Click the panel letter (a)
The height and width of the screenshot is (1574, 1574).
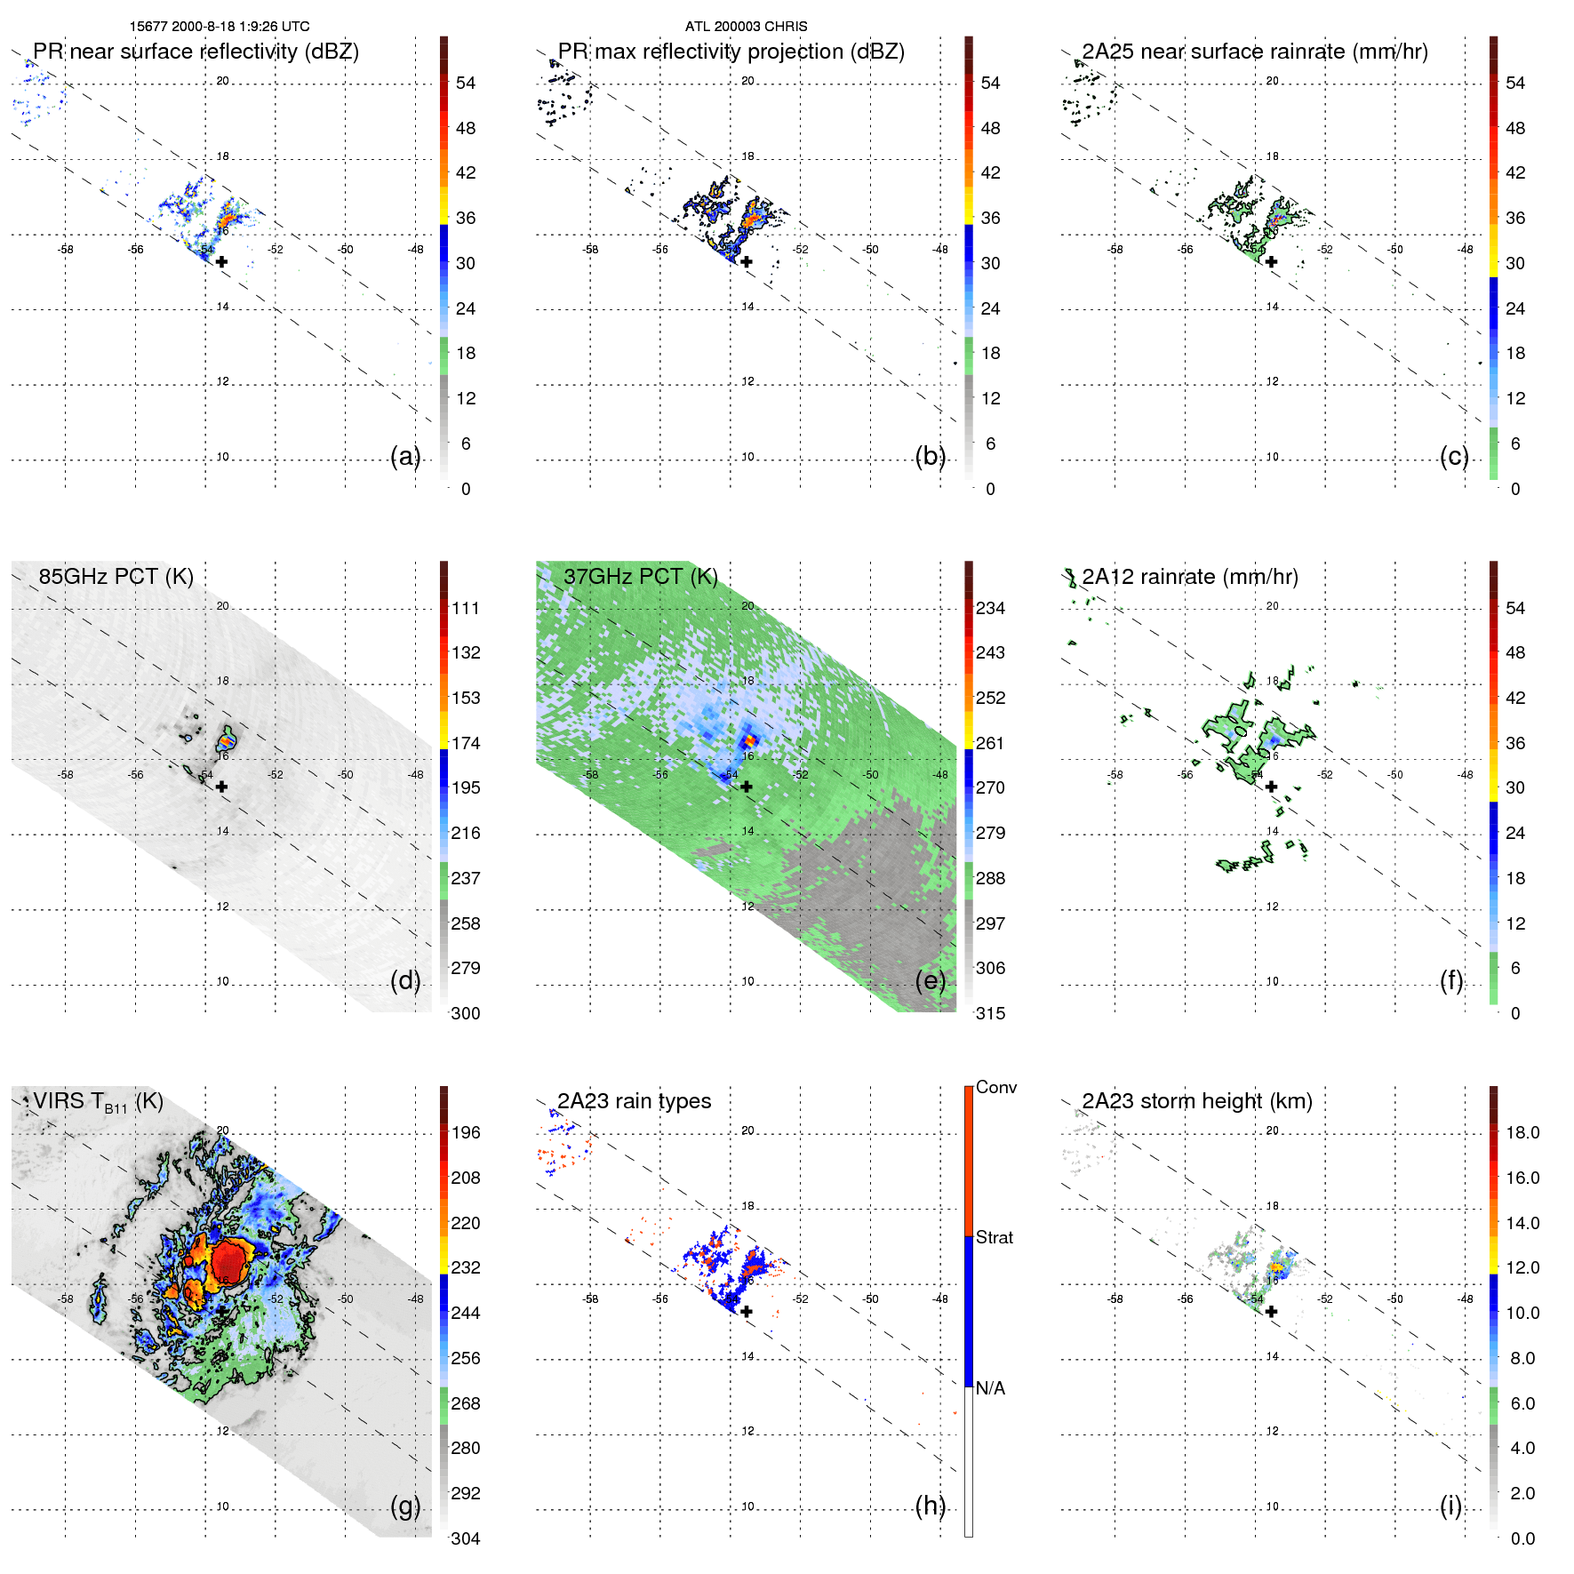coord(404,457)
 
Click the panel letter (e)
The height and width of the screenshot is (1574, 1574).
coord(930,981)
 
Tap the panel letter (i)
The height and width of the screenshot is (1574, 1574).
coord(1450,1506)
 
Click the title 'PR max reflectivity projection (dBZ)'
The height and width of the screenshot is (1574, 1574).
coord(731,52)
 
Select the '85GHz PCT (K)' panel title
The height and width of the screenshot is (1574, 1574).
coord(116,576)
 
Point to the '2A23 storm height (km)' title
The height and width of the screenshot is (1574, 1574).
coord(1196,1101)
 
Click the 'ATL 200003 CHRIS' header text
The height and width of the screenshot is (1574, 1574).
coord(746,27)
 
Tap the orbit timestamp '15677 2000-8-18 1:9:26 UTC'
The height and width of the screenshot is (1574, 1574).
coord(220,27)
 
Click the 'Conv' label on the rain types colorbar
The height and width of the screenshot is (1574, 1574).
coord(995,1088)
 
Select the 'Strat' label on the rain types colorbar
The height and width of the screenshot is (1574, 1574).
coord(994,1238)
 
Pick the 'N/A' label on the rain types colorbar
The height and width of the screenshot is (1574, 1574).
coord(990,1388)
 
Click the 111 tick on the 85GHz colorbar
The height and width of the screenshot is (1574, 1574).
coord(466,609)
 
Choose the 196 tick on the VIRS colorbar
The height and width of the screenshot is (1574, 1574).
coord(466,1133)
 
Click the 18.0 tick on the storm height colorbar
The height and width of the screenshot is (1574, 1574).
coord(1522,1133)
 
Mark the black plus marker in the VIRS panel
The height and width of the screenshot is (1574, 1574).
coord(221,1310)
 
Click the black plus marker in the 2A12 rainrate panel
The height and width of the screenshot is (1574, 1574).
coord(1271,787)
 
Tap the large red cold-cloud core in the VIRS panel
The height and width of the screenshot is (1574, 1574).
coord(229,1260)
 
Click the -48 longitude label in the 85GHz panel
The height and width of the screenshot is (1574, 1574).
coord(416,775)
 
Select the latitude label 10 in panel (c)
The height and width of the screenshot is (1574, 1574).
coord(1272,457)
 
